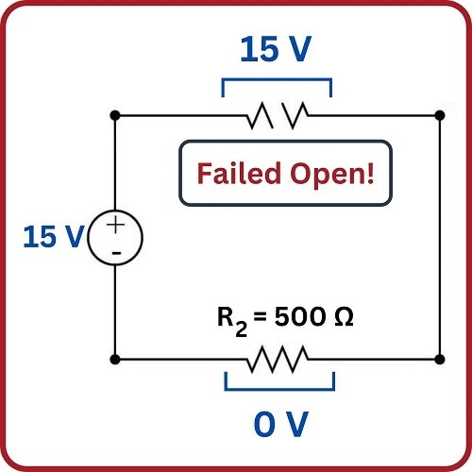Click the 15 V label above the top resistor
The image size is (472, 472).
[x=275, y=50]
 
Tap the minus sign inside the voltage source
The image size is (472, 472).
[x=115, y=253]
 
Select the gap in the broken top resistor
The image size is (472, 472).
[x=278, y=116]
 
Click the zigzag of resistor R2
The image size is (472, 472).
[x=278, y=360]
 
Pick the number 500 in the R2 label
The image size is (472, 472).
[x=300, y=319]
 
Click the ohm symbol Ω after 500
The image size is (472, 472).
[x=344, y=319]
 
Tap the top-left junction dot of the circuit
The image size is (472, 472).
[x=115, y=116]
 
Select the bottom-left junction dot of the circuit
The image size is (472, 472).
[x=115, y=360]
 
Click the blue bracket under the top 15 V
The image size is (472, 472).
[x=277, y=81]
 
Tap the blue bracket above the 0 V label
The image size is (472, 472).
[x=279, y=388]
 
